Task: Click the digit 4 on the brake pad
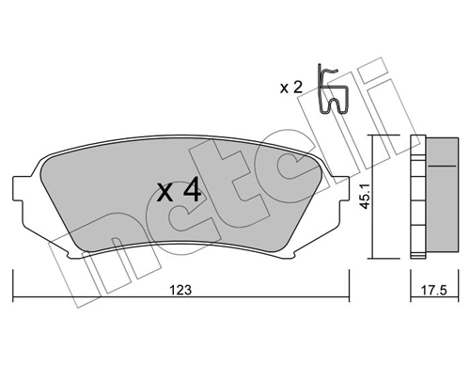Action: [191, 193]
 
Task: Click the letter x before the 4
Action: [164, 196]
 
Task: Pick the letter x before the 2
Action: [286, 88]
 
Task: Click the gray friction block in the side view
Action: [439, 196]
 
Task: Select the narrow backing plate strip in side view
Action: [417, 196]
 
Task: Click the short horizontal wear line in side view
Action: [438, 166]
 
